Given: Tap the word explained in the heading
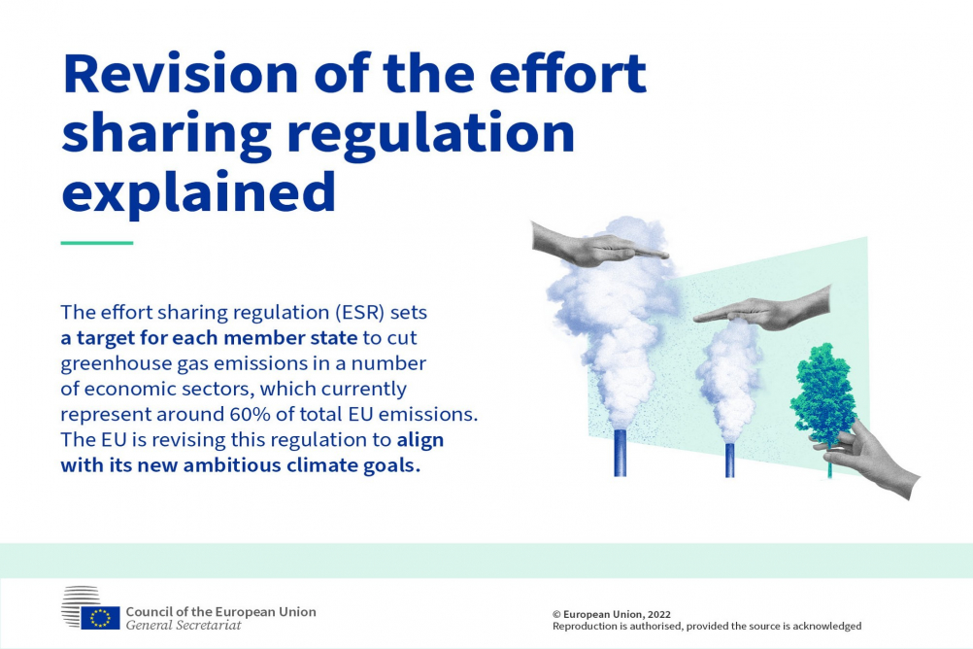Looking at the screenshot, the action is pos(198,193).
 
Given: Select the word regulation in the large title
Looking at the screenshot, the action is pos(431,133).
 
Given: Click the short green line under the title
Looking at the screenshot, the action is pos(97,243).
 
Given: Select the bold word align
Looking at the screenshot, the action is pos(420,440).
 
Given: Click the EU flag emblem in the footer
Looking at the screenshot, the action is pos(100,618).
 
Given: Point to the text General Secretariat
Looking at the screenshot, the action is pos(184,626).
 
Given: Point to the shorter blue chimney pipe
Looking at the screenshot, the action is pos(730,461).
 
